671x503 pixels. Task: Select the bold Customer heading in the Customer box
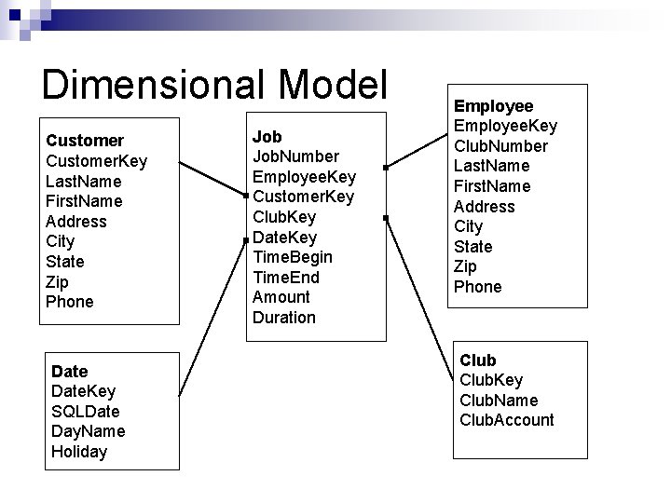click(x=85, y=141)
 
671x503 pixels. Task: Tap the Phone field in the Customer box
click(x=70, y=302)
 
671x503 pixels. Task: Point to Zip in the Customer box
click(x=57, y=281)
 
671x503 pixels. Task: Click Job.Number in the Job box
click(x=295, y=156)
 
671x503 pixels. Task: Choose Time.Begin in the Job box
click(x=293, y=257)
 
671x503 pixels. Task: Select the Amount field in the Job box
click(x=281, y=297)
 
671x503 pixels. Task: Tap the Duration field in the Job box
click(x=284, y=318)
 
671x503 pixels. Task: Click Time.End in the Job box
click(x=286, y=277)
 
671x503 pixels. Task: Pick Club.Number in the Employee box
click(x=500, y=146)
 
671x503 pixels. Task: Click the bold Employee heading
click(x=494, y=107)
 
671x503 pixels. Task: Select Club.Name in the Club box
click(x=499, y=401)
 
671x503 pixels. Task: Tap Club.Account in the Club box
click(x=507, y=420)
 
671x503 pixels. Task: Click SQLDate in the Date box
click(x=86, y=412)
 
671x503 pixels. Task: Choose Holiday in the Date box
click(x=79, y=452)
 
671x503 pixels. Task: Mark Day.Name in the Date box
click(x=89, y=431)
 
